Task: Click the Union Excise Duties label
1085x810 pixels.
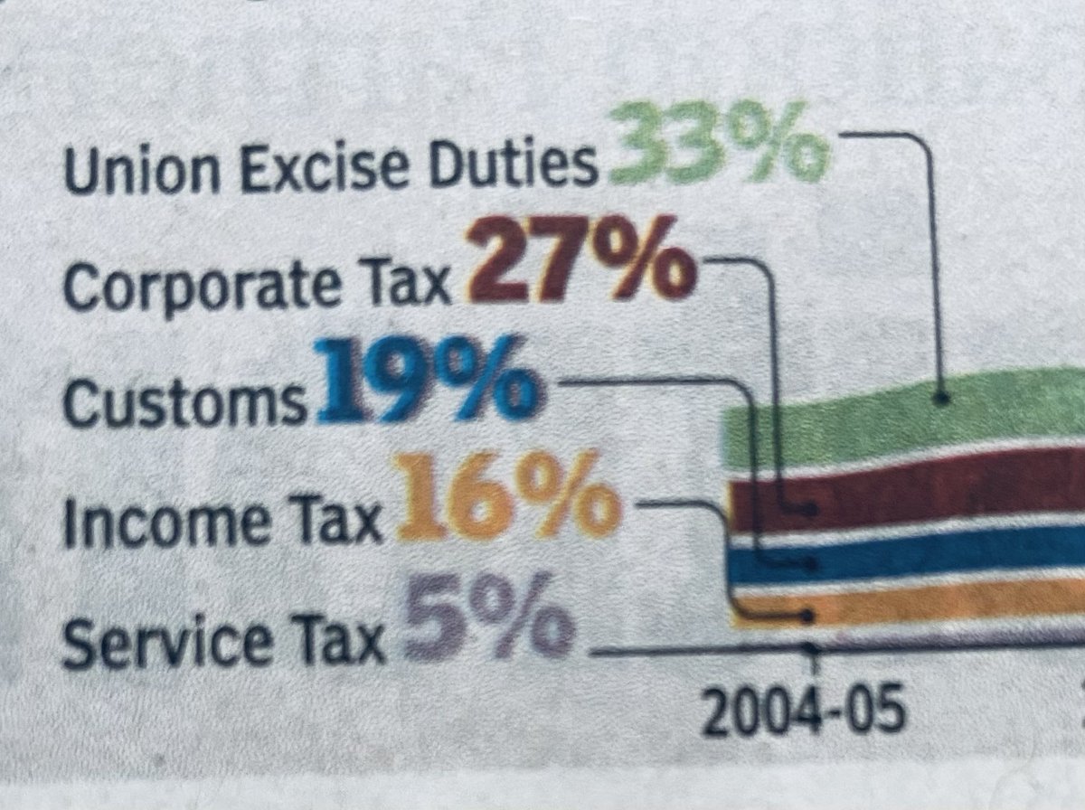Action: [332, 168]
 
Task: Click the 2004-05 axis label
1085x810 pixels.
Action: [804, 711]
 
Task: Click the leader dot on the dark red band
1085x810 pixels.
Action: [813, 510]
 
